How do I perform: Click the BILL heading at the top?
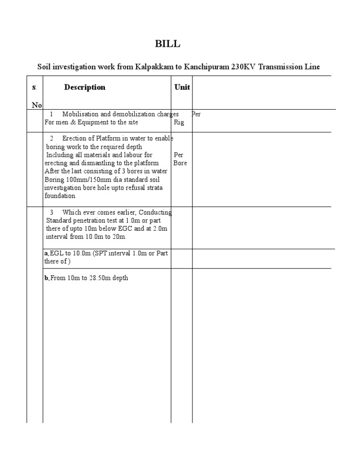click(168, 44)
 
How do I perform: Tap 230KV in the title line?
click(243, 67)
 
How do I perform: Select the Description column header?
click(85, 87)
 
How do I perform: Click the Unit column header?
click(182, 87)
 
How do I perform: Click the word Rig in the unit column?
click(179, 122)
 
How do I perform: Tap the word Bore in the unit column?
click(181, 163)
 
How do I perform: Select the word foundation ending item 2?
click(60, 196)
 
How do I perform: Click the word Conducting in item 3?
click(155, 212)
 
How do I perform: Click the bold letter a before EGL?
click(46, 253)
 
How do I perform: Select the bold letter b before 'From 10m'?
click(46, 278)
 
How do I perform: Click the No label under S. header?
click(37, 105)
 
